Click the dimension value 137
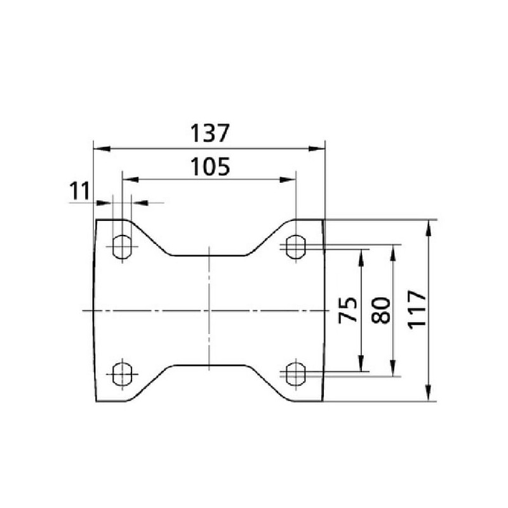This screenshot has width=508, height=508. click(x=210, y=133)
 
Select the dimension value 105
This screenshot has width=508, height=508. click(x=210, y=166)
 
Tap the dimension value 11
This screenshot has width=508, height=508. click(x=79, y=191)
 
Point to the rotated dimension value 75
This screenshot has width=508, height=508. click(x=347, y=310)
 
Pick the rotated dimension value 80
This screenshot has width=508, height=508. click(x=380, y=311)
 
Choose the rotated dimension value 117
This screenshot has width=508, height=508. click(x=417, y=310)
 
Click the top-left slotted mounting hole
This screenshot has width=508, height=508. click(x=122, y=247)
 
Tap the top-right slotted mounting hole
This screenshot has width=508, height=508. click(x=295, y=247)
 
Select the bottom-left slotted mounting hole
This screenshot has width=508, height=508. click(x=122, y=374)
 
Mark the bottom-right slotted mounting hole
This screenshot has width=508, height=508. click(x=295, y=374)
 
